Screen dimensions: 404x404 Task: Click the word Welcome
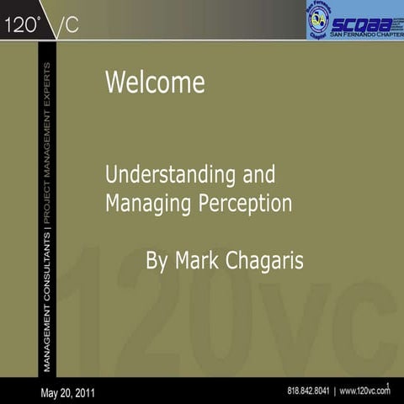point(155,83)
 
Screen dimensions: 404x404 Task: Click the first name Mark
point(199,260)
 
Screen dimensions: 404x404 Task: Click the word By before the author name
point(157,260)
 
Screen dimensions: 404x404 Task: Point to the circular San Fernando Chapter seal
point(319,19)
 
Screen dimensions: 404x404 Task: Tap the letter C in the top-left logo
point(72,25)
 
